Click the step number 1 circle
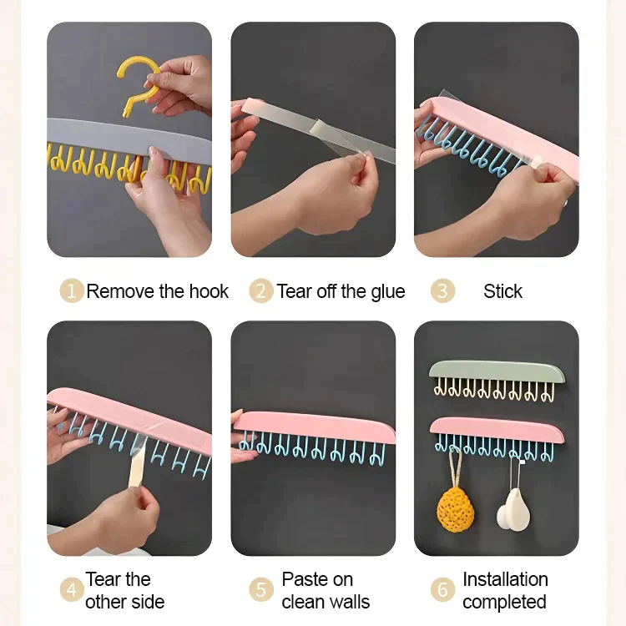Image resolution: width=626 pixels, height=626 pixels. [72, 290]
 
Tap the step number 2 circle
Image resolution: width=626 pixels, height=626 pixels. [261, 290]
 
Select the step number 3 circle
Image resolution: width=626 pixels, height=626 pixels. [442, 290]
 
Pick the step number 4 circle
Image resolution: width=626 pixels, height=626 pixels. [72, 589]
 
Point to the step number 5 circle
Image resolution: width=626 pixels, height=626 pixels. [261, 589]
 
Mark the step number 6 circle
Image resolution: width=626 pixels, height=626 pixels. [442, 589]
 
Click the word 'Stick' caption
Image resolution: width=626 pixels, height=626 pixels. [502, 291]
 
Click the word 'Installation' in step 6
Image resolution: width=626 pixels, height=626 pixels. [505, 579]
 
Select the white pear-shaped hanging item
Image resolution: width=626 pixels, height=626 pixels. [514, 511]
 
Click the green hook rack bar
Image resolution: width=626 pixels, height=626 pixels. [497, 371]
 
